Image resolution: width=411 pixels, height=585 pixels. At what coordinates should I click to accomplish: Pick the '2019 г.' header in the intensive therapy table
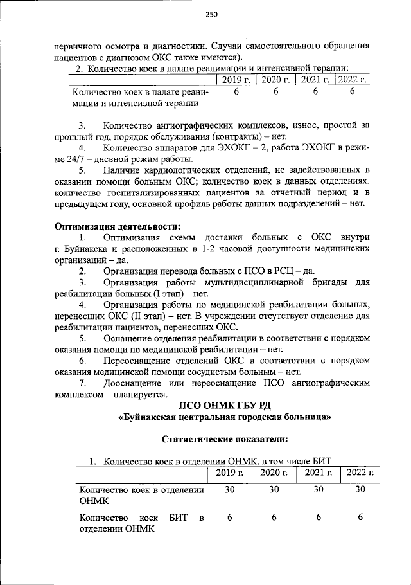(236, 80)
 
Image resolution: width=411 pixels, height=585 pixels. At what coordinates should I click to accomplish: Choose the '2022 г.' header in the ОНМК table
(360, 473)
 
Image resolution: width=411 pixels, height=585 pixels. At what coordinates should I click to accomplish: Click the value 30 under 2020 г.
(274, 490)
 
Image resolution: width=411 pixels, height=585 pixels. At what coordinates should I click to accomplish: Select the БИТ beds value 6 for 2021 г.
(317, 517)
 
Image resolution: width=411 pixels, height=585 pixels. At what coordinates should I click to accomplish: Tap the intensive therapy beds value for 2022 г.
(352, 92)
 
